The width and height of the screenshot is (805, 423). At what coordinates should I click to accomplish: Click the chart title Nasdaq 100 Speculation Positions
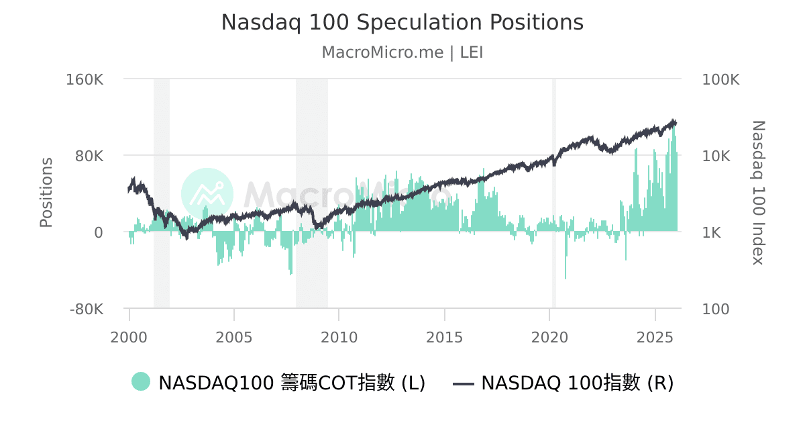402,23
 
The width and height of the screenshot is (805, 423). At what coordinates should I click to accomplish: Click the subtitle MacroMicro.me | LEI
402,52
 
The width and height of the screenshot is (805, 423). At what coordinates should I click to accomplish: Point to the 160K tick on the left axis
85,79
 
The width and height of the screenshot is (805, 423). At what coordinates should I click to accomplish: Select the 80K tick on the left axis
89,156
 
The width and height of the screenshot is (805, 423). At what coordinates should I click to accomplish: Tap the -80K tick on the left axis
87,310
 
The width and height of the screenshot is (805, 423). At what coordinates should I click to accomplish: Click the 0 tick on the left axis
98,232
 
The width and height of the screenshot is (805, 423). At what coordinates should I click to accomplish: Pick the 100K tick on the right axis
720,79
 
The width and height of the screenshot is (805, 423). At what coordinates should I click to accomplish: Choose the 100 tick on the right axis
716,310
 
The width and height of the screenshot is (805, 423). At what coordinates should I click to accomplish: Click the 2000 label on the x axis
129,336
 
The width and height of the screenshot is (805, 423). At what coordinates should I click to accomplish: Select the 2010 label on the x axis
339,336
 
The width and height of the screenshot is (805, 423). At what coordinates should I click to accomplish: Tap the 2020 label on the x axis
549,336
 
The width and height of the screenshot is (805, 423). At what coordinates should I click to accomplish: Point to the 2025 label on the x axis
655,336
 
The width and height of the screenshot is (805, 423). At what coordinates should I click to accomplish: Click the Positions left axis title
46,193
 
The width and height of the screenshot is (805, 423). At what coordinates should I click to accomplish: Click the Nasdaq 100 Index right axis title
758,193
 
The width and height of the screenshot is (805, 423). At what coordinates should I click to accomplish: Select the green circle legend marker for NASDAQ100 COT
141,383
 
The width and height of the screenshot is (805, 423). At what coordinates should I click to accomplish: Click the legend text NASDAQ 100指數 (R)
577,383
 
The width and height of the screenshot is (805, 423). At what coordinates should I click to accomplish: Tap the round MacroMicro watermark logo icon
207,194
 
